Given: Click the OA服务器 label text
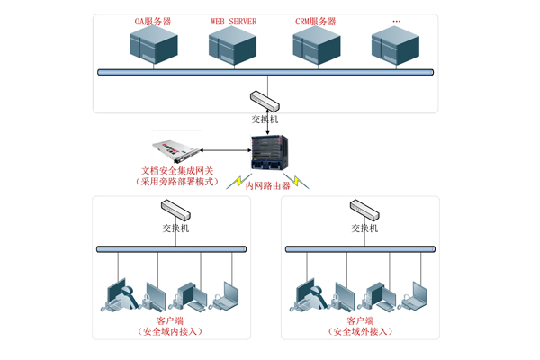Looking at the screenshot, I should tap(153, 21).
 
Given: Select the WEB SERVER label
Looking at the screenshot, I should tap(233, 21).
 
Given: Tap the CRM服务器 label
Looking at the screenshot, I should tap(316, 21).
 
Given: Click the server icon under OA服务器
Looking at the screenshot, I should tap(153, 46).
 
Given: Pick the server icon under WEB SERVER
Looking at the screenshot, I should tap(233, 46).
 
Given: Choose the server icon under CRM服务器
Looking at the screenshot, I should tap(317, 46).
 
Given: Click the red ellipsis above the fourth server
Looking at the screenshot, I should tap(397, 21).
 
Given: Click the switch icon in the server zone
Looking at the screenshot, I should tap(265, 99).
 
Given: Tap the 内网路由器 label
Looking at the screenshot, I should tap(268, 185).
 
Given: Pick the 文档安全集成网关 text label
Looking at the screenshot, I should tap(176, 170).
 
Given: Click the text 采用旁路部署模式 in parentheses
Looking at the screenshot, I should tap(176, 181).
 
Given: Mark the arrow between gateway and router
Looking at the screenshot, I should tap(225, 150).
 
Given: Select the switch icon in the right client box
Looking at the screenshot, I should tap(364, 212).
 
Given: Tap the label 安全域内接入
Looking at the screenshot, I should tap(170, 331).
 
